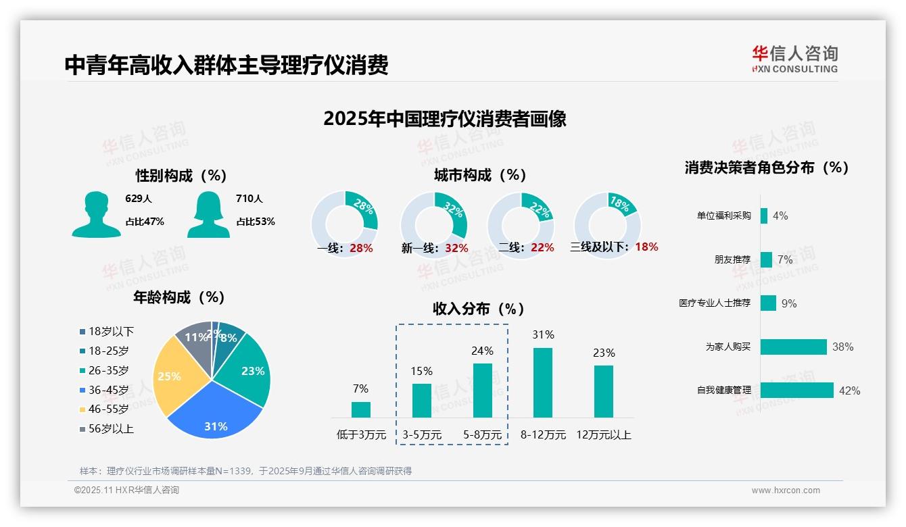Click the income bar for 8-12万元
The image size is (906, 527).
coord(543,382)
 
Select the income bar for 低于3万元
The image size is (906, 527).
coord(361,409)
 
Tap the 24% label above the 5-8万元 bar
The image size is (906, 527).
coord(483,351)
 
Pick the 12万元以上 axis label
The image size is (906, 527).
coord(604,434)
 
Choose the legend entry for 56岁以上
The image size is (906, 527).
coord(111,428)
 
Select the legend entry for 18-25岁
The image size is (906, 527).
coord(108,351)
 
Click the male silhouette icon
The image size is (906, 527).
coord(96,215)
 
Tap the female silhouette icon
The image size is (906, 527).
coord(208,215)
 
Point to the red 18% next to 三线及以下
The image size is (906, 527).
coord(646,247)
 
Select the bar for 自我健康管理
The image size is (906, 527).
coord(797,390)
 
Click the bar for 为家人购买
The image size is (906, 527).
coord(794,347)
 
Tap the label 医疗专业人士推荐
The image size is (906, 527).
coord(715,303)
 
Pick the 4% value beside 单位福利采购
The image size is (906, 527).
coord(780,216)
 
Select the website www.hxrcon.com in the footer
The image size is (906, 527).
coord(786,491)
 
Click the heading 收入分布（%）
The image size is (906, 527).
coord(479,309)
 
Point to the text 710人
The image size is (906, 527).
coord(249,199)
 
